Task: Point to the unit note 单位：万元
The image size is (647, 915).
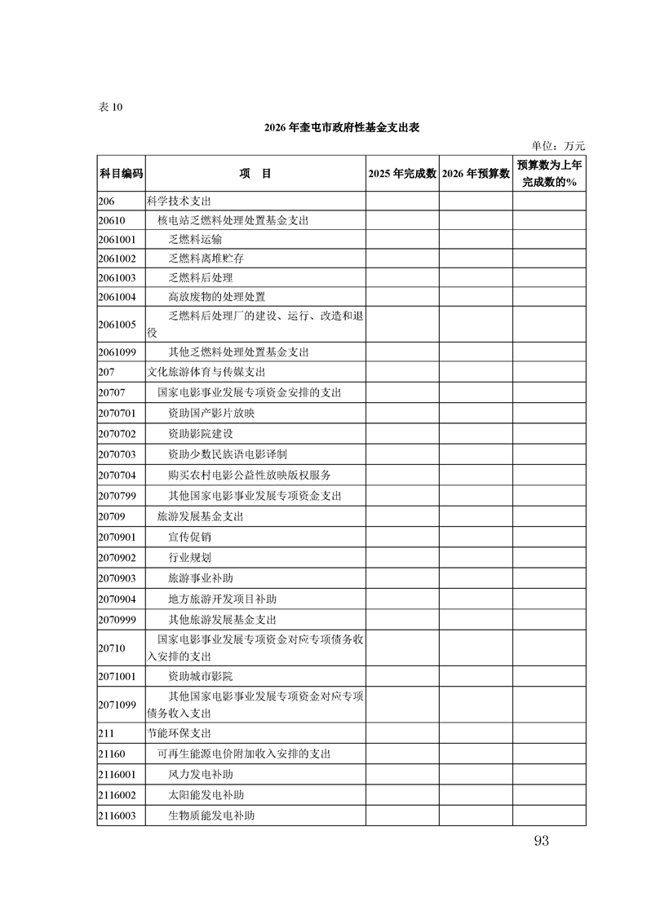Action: coord(558,146)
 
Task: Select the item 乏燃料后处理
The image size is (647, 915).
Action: coord(201,277)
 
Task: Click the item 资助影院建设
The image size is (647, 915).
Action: coord(201,433)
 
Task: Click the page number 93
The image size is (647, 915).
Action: coord(540,841)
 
